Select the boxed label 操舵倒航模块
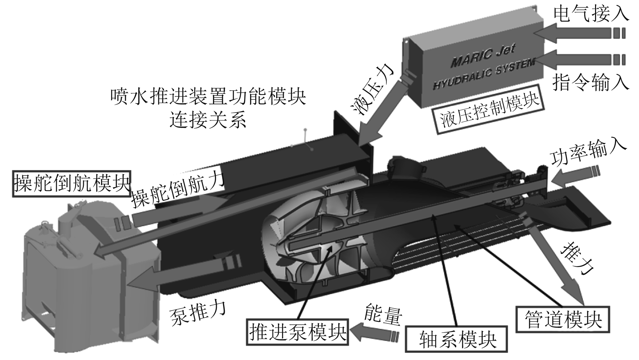coord(72,183)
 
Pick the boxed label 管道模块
coord(563,319)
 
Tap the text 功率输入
coord(589,153)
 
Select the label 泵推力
coord(198,311)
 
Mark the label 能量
coord(383,313)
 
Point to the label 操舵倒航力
coord(177,190)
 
